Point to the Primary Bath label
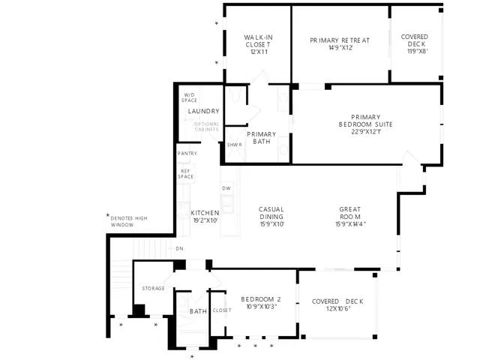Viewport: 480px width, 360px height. [261, 138]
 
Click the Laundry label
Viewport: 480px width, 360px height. [203, 112]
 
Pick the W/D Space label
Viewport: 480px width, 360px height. [190, 97]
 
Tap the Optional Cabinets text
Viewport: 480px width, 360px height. [206, 127]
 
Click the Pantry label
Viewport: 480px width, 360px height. [187, 154]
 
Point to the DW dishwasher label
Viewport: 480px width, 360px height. [226, 188]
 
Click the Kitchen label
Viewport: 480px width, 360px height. [204, 217]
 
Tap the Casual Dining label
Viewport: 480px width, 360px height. [271, 216]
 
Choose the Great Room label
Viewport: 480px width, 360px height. [349, 216]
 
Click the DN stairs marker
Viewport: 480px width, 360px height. [179, 248]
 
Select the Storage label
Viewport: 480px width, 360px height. [153, 288]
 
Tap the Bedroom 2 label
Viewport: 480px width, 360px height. [260, 303]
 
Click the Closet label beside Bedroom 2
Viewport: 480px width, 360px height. [222, 310]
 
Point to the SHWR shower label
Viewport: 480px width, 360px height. [234, 145]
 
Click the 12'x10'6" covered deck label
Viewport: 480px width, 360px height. [337, 304]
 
